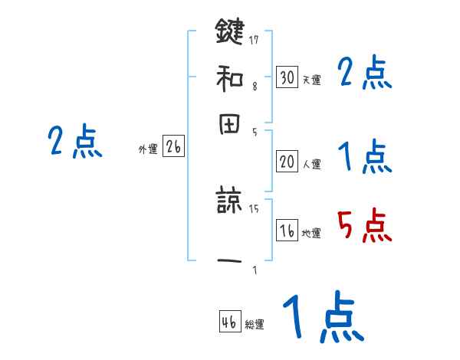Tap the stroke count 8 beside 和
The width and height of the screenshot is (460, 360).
[255, 87]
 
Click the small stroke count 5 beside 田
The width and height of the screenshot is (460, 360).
[255, 133]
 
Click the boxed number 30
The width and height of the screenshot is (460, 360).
[287, 77]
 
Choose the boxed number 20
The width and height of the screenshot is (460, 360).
[287, 161]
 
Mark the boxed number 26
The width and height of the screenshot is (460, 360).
[173, 147]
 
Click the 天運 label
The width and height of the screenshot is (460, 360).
[311, 79]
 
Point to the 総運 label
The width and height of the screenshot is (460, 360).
[255, 325]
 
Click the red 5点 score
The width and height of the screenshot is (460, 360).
[364, 226]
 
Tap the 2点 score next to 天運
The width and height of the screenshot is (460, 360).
[364, 74]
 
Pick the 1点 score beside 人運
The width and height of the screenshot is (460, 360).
[364, 159]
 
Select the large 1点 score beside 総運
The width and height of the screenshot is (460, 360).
[323, 318]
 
